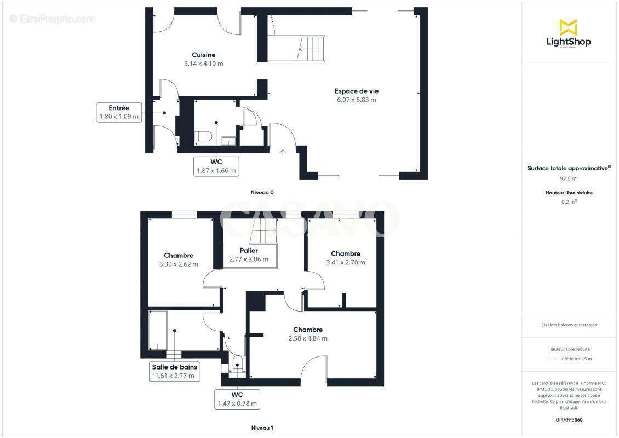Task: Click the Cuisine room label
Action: coord(203,55)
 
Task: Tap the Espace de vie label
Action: coord(356,91)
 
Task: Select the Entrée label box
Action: coord(119,112)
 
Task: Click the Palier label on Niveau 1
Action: coord(249,251)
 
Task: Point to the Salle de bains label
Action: coord(175,367)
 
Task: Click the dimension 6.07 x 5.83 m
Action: coord(356,100)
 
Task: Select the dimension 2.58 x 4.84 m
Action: coord(308,338)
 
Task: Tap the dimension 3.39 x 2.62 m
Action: coord(179,264)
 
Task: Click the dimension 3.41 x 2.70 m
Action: coord(346,262)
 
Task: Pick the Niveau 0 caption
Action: coord(262,192)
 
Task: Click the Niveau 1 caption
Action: coord(262,428)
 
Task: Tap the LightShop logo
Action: coord(569,34)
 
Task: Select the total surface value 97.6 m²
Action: coord(569,178)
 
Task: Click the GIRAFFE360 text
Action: coord(569,420)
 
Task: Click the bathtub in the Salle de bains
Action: coord(158,330)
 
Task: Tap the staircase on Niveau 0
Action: coord(311,49)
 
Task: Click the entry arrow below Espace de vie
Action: coord(283,152)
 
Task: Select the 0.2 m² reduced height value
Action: coord(569,201)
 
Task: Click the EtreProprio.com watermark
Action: coord(53,19)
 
